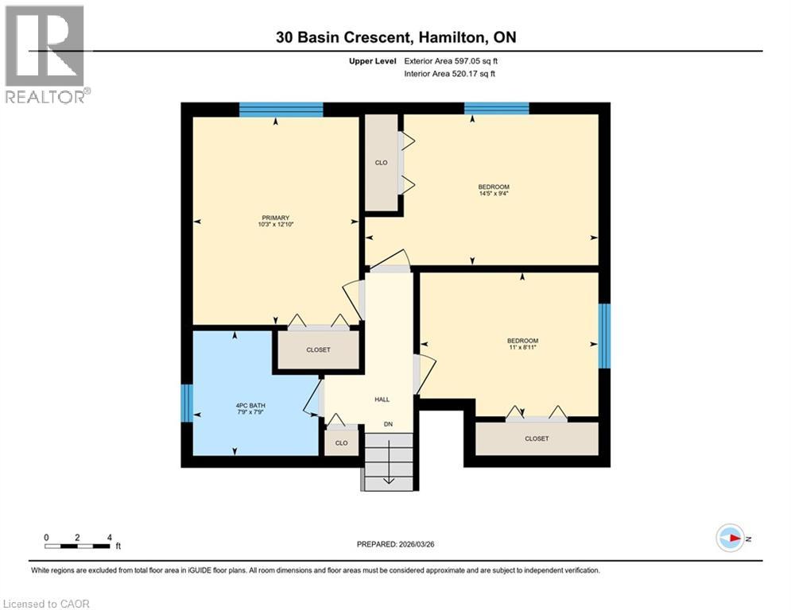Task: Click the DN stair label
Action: [388, 424]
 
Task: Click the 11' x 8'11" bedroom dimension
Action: [522, 347]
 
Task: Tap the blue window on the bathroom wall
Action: [187, 403]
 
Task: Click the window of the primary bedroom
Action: [281, 110]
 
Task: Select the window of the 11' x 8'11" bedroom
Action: [604, 336]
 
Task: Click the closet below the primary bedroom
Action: [318, 349]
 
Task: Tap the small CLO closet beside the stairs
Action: [341, 442]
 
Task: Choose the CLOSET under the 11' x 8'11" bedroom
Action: [537, 438]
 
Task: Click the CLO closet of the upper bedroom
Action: [382, 163]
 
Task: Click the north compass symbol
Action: [729, 539]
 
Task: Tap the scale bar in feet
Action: [78, 546]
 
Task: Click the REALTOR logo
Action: [46, 54]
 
